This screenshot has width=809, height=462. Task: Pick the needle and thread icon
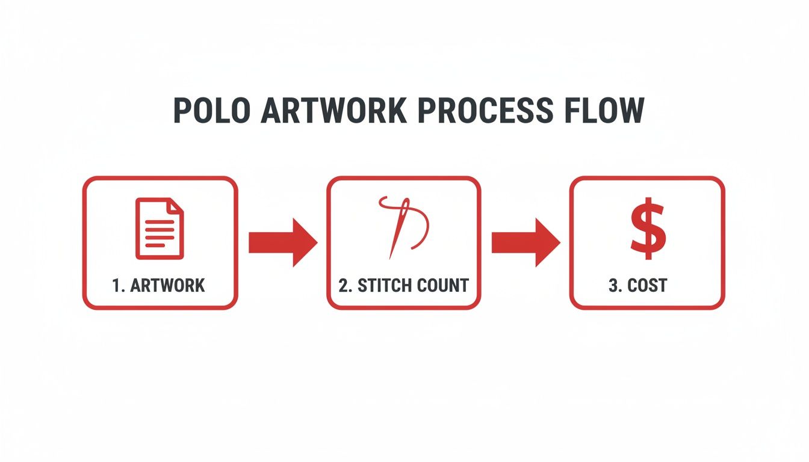(x=404, y=227)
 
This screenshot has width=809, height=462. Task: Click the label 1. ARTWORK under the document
(x=159, y=285)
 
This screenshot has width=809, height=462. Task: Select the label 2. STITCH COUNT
(x=403, y=285)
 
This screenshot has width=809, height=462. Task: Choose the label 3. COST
(x=637, y=285)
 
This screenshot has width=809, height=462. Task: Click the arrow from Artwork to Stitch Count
(x=282, y=242)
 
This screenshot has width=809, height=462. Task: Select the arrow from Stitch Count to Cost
(x=525, y=242)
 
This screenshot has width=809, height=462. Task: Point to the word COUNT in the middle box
(x=441, y=285)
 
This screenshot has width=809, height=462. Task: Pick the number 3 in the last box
(x=613, y=285)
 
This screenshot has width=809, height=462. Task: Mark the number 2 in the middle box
(x=344, y=285)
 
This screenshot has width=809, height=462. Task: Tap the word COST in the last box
(x=647, y=285)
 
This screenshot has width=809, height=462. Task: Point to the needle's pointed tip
(x=391, y=257)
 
